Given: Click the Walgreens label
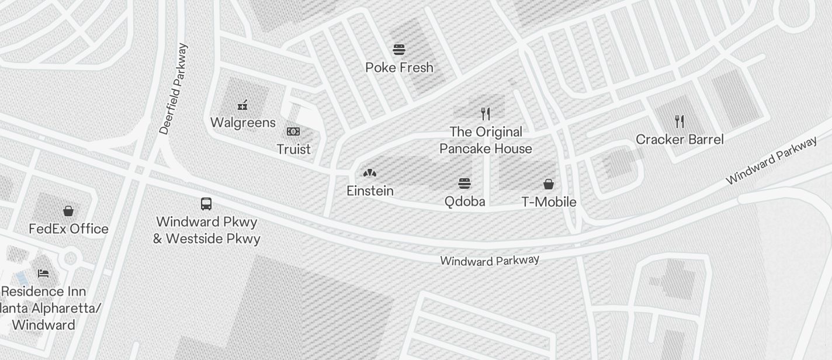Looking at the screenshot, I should (242, 123).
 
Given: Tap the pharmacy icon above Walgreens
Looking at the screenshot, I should (242, 105).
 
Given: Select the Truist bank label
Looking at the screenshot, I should (293, 150).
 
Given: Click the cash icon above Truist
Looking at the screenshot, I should (293, 131).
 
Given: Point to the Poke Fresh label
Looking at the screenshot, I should (399, 68).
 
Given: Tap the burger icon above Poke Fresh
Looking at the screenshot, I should (399, 50).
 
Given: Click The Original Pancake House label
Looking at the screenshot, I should (486, 140).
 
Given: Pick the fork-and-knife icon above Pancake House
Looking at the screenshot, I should (485, 113).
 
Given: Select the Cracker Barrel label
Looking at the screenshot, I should (680, 140).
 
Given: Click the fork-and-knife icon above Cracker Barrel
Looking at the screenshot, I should (679, 122).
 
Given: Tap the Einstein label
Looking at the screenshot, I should (370, 191).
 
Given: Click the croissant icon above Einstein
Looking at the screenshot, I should (369, 173).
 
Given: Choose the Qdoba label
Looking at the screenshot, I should (464, 202).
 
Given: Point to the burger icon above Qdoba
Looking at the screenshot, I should (464, 184).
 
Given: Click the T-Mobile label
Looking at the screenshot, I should (549, 202).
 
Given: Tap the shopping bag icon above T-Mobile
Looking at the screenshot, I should (549, 185).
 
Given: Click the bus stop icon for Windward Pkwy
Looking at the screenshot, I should (206, 204).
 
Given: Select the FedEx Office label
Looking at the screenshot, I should (68, 229).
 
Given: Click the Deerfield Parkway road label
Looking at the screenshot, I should (174, 89).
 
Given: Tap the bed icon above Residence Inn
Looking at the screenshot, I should (43, 273).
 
